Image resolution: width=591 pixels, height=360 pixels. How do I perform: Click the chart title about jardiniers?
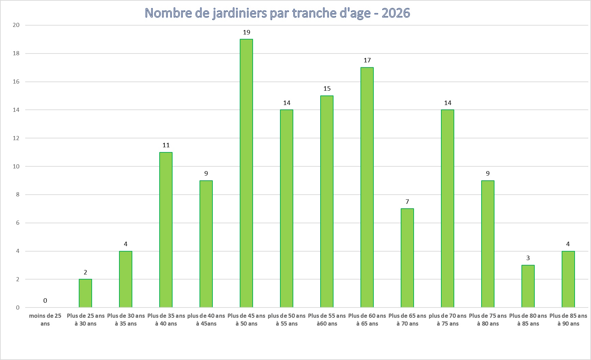[x=277, y=13]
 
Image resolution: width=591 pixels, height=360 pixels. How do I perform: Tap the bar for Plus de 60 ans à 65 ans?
[x=367, y=187]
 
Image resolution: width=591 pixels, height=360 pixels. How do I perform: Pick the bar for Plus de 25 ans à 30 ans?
[x=85, y=293]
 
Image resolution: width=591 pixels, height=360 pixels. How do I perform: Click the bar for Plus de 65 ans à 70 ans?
[x=407, y=258]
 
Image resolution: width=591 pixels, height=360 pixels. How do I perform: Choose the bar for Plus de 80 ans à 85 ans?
[x=528, y=286]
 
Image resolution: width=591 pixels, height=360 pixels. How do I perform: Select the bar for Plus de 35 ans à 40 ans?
[x=166, y=230]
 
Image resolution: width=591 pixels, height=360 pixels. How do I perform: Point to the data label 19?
[x=246, y=32]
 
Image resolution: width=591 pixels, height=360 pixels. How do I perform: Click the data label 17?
[x=367, y=60]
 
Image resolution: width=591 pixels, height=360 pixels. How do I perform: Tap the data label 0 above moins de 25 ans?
[x=45, y=300]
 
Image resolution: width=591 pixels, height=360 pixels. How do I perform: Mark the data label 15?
[x=327, y=89]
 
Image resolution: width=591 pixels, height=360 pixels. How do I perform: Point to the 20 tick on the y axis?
[x=16, y=25]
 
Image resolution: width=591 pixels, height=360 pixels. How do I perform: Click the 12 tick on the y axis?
[x=16, y=138]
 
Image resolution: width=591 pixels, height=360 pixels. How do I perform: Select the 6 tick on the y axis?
[x=17, y=223]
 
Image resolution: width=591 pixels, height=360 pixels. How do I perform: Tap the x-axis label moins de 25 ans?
[x=45, y=320]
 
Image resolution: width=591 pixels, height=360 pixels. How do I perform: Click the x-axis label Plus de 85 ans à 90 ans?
[x=568, y=320]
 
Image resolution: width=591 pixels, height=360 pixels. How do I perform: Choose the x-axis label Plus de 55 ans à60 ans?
[x=327, y=320]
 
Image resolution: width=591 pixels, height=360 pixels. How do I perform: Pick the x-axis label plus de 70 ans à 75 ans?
[x=447, y=320]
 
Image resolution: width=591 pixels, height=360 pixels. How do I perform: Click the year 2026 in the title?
[x=396, y=13]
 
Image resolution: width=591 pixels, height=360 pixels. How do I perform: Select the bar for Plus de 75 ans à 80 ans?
[x=488, y=244]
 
